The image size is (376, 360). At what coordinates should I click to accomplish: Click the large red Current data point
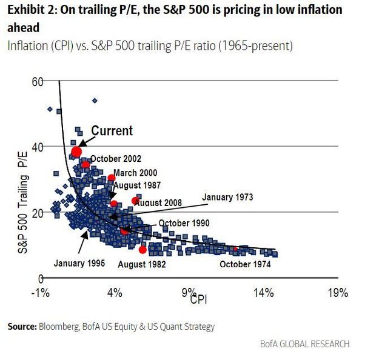tap(76, 152)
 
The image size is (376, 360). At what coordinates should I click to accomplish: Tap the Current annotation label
tap(112, 131)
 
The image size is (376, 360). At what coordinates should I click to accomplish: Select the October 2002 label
tap(116, 159)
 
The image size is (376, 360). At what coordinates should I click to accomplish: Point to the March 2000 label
tap(135, 173)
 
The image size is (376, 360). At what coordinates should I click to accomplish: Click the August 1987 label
tap(137, 185)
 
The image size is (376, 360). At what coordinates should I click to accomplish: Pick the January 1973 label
tap(227, 197)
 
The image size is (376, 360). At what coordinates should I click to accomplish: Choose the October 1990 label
tap(184, 223)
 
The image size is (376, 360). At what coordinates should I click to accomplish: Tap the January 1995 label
tap(79, 263)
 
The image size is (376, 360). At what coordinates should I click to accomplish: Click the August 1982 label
tap(142, 264)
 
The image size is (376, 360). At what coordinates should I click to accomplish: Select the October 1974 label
tap(245, 264)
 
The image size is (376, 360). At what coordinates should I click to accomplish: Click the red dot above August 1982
tap(143, 250)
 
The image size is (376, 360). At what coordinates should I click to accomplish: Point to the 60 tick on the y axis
tap(38, 82)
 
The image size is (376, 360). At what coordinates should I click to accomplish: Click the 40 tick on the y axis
tap(38, 147)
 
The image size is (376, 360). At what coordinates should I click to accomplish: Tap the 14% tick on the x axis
tap(264, 293)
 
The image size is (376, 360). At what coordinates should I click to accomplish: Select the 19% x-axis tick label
tap(338, 293)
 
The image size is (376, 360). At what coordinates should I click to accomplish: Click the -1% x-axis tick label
tap(41, 293)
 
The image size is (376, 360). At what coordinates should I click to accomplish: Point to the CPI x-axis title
tap(199, 299)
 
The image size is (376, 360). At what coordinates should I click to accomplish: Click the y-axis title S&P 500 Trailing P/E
tap(23, 202)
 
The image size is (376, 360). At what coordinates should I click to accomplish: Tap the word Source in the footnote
tap(22, 327)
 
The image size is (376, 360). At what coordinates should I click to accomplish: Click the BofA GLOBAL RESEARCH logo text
tap(305, 344)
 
